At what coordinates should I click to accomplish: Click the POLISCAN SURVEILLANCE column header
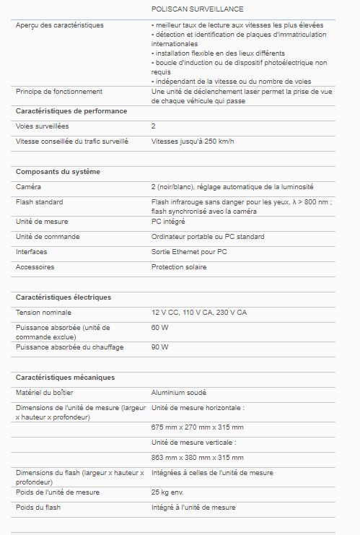pyautogui.click(x=197, y=9)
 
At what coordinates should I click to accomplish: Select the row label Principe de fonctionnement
pyautogui.click(x=59, y=92)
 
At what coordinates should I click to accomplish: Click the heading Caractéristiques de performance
pyautogui.click(x=71, y=111)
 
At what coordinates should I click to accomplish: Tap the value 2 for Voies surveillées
pyautogui.click(x=154, y=126)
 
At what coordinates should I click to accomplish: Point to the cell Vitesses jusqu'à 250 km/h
pyautogui.click(x=193, y=141)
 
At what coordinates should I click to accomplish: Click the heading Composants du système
pyautogui.click(x=58, y=172)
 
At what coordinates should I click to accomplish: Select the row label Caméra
pyautogui.click(x=28, y=187)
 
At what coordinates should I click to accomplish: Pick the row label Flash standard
pyautogui.click(x=39, y=202)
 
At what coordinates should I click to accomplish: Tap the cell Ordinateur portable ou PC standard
pyautogui.click(x=208, y=237)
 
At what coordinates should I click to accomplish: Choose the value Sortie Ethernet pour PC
pyautogui.click(x=189, y=252)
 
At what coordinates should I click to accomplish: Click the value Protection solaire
pyautogui.click(x=179, y=267)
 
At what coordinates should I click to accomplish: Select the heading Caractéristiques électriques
pyautogui.click(x=63, y=297)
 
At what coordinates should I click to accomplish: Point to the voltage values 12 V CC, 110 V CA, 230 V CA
pyautogui.click(x=198, y=313)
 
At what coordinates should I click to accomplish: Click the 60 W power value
pyautogui.click(x=159, y=327)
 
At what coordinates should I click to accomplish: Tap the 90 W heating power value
pyautogui.click(x=159, y=347)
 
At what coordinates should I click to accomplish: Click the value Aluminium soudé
pyautogui.click(x=179, y=393)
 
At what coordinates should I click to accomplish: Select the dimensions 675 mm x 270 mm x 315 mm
pyautogui.click(x=197, y=427)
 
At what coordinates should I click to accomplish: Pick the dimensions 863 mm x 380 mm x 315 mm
pyautogui.click(x=197, y=458)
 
